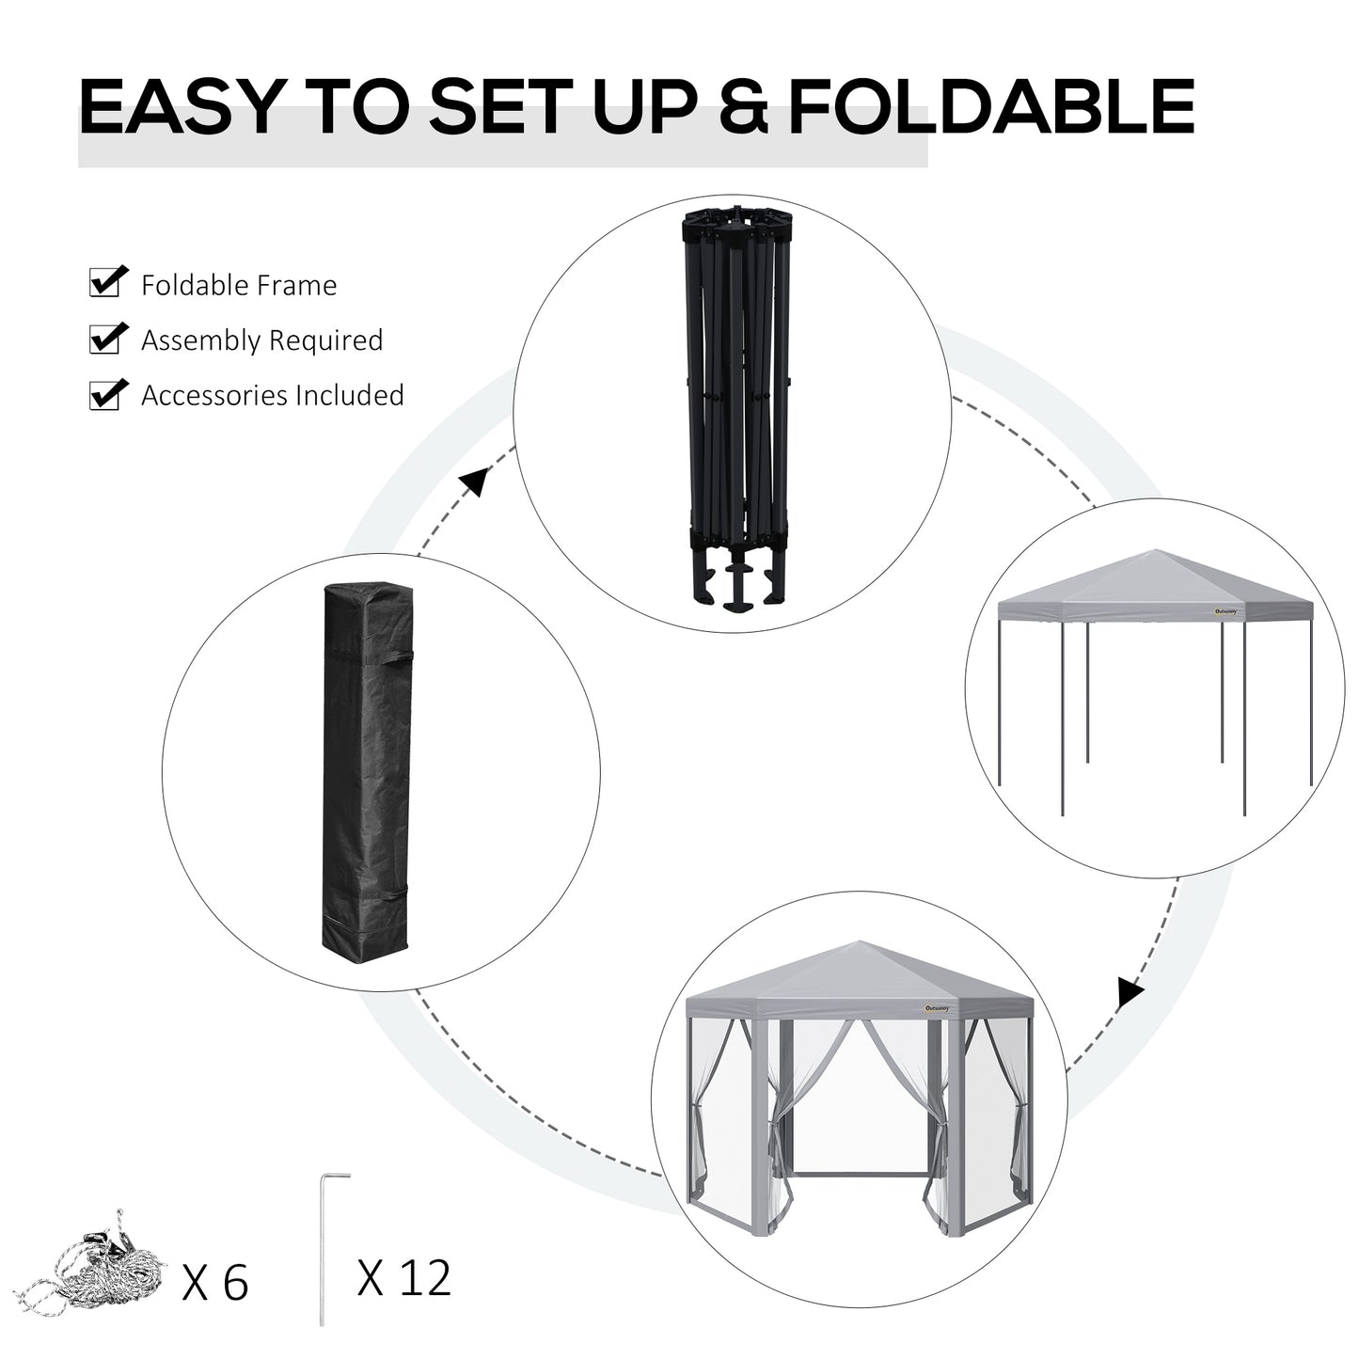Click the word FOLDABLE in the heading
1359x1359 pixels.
click(991, 107)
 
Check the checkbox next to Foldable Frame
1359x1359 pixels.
click(107, 282)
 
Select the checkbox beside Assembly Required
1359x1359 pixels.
click(107, 338)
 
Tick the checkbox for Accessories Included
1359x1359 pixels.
click(107, 393)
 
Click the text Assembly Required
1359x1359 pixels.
click(261, 340)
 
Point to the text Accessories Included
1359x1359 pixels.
click(272, 395)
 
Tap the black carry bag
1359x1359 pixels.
click(367, 766)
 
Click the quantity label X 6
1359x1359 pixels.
click(215, 1282)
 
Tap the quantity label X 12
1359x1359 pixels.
click(404, 1278)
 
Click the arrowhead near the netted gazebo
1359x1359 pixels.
click(1130, 993)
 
